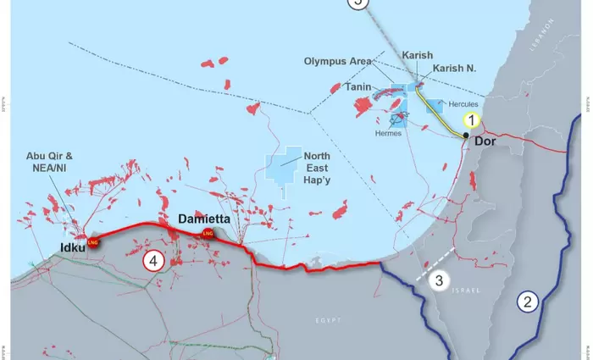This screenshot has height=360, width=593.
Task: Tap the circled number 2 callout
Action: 528,301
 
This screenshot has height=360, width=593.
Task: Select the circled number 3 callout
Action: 438,280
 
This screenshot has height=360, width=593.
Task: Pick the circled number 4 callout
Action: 152,260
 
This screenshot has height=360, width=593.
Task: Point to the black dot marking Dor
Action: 466,136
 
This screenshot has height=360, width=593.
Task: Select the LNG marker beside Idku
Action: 92,242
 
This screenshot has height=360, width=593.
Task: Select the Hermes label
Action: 389,134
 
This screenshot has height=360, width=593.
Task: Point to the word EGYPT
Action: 327,319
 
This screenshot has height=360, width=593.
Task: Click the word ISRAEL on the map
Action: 466,291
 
